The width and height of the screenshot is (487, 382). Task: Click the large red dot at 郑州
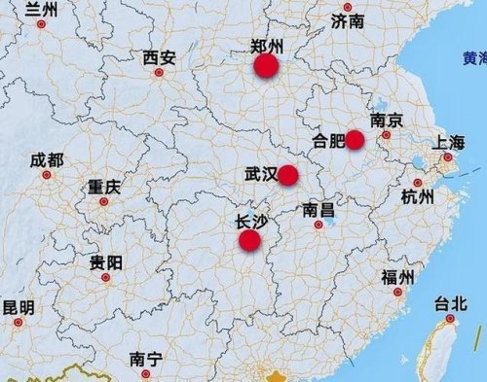[x=266, y=66]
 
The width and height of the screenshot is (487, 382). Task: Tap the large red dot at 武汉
[x=287, y=175]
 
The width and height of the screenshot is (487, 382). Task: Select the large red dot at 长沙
[x=250, y=240]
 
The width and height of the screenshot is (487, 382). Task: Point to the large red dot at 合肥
[x=355, y=139]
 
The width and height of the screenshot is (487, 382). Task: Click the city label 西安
[x=159, y=58]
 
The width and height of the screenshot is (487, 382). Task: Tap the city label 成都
[x=46, y=160]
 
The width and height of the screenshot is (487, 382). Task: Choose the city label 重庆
[x=104, y=187]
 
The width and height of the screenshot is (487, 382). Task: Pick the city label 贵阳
[x=106, y=262]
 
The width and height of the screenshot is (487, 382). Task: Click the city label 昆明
[x=18, y=308]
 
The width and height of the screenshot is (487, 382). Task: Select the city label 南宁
[x=146, y=359]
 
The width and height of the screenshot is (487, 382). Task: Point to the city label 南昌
[x=318, y=209]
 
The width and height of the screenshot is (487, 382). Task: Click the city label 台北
[x=451, y=304]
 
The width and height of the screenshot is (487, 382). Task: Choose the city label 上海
[x=450, y=143]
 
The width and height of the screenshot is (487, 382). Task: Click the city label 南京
[x=387, y=121]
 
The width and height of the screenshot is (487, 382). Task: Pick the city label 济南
[x=347, y=19]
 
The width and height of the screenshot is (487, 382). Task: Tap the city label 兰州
[x=41, y=10]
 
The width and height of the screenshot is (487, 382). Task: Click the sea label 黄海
[x=474, y=58]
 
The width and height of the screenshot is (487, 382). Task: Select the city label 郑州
[x=266, y=45]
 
